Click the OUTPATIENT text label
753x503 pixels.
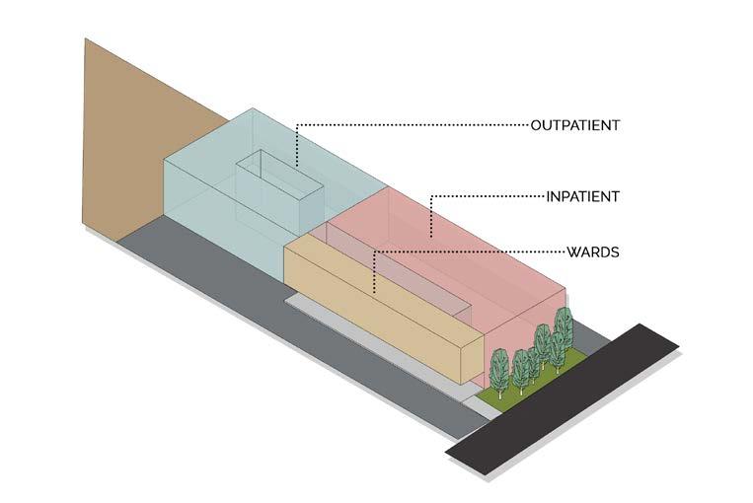[574, 125]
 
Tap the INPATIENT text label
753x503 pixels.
[582, 196]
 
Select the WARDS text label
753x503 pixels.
[592, 251]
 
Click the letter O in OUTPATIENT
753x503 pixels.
[536, 125]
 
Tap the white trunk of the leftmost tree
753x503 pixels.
[499, 390]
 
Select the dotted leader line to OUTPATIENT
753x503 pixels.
[414, 124]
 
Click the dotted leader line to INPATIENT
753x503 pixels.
[493, 196]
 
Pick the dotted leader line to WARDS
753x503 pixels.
[474, 251]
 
